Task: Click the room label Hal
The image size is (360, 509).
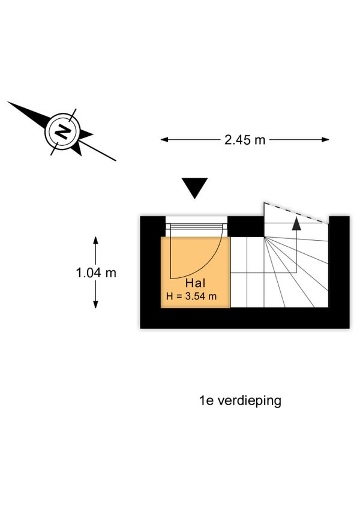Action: [x=195, y=283]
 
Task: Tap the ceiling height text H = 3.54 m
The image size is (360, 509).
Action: [x=191, y=296]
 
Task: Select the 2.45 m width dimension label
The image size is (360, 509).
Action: [x=245, y=140]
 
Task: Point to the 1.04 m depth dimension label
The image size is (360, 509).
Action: [x=96, y=273]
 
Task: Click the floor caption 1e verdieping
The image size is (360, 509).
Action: [x=240, y=401]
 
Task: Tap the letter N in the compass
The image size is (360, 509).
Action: [x=62, y=132]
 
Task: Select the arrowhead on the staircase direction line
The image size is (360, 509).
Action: [x=296, y=224]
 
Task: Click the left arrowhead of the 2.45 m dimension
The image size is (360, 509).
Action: [x=164, y=140]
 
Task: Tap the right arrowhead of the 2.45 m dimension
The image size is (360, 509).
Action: [x=325, y=140]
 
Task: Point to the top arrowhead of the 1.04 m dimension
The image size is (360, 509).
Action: [x=95, y=241]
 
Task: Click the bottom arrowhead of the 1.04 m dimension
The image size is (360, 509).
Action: [x=95, y=304]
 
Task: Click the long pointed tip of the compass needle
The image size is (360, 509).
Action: [x=8, y=102]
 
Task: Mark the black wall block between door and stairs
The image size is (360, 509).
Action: [x=246, y=226]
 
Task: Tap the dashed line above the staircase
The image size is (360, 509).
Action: [x=294, y=212]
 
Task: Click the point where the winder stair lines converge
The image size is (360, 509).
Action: [x=264, y=237]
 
